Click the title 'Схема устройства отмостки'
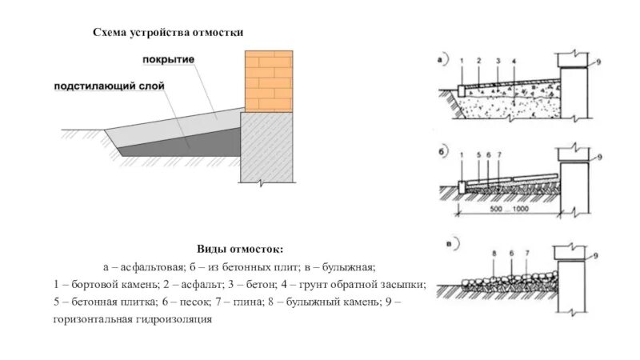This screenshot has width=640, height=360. point(167,32)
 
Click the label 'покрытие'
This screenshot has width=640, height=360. point(169,60)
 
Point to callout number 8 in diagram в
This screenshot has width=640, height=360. point(494,254)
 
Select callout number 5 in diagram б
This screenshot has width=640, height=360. point(478,153)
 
